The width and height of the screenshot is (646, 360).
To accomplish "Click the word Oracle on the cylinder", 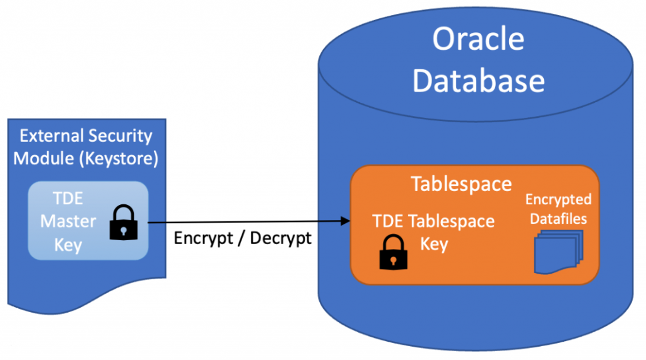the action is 478,39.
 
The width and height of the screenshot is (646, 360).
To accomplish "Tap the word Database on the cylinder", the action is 478,80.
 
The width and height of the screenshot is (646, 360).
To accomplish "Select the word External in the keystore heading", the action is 52,136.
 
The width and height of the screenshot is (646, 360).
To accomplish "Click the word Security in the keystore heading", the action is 120,137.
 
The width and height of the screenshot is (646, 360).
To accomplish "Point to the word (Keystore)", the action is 121,159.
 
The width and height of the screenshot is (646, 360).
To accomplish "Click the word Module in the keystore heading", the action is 44,159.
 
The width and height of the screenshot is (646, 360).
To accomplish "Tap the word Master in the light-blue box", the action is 68,221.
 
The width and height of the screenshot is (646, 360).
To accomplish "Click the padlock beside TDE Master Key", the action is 124,223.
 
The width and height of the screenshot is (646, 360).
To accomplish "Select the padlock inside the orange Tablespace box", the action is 394,252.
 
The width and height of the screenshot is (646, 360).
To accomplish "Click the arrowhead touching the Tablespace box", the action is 345,221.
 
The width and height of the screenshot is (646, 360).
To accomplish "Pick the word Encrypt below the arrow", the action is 204,238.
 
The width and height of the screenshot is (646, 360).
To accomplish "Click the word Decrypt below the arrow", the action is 281,238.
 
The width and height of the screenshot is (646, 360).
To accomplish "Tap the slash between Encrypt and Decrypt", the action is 242,238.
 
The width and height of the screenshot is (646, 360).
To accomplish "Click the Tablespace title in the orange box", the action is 461,184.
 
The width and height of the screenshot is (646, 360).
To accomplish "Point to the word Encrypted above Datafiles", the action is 558,200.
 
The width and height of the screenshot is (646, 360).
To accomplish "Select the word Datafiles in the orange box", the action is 558,219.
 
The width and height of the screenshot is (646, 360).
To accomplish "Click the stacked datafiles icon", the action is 559,252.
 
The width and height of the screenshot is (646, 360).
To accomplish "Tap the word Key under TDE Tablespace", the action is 434,244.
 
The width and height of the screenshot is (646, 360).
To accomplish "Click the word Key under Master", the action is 68,245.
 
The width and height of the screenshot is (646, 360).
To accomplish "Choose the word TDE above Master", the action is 68,199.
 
